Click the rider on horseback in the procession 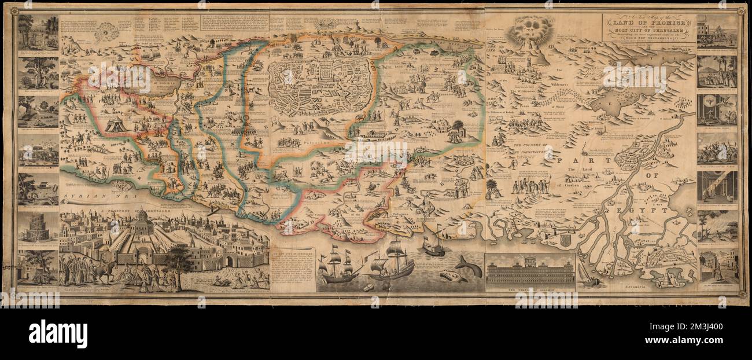coord(107,271)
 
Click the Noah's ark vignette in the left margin coord(38,189)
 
